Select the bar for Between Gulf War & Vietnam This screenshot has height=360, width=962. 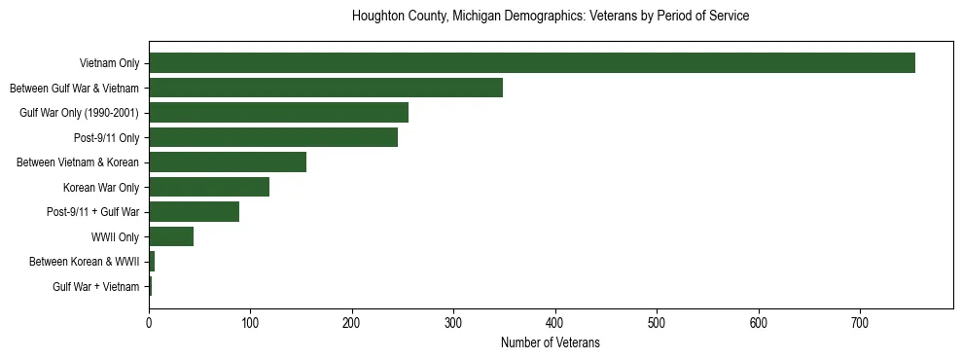pyautogui.click(x=326, y=89)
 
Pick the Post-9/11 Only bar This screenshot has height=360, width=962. pyautogui.click(x=273, y=137)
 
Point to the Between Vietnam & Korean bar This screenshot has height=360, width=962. pyautogui.click(x=228, y=162)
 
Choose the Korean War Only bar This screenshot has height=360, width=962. pyautogui.click(x=209, y=187)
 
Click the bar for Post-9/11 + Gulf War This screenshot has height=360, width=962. pyautogui.click(x=195, y=212)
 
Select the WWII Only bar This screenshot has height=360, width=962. pyautogui.click(x=171, y=236)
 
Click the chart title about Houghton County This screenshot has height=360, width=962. pyautogui.click(x=551, y=17)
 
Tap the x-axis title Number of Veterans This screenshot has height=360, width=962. pyautogui.click(x=551, y=343)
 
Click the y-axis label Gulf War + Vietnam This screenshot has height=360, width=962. pyautogui.click(x=96, y=286)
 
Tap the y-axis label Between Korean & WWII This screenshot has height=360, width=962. pyautogui.click(x=85, y=262)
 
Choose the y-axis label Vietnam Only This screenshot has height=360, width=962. pyautogui.click(x=109, y=64)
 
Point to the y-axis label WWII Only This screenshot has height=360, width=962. pyautogui.click(x=115, y=236)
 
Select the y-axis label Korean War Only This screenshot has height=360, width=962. pyautogui.click(x=101, y=187)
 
